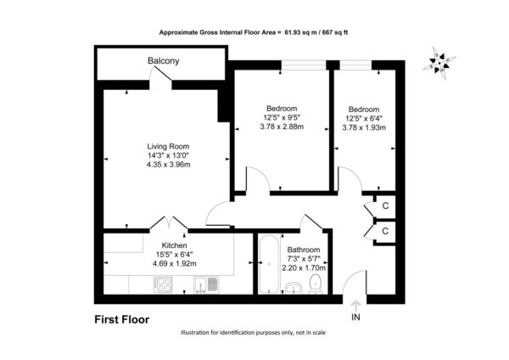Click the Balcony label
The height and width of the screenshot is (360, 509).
pos(163,61)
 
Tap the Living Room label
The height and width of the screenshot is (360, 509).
pos(168,146)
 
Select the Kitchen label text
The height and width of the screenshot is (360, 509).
pos(174,245)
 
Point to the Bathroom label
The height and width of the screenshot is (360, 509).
pos(304,250)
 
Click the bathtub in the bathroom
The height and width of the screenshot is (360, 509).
pos(268,264)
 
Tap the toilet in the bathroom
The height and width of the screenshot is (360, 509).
pos(316,284)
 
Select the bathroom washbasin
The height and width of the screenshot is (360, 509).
pos(294,288)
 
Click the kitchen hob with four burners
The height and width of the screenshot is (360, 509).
pos(163,284)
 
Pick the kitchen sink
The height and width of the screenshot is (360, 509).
pos(206,285)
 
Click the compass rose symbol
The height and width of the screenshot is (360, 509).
pos(439,63)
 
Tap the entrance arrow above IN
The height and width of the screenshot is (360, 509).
pos(355,306)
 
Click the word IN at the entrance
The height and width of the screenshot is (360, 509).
pos(355,317)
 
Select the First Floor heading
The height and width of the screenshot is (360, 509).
pos(121,320)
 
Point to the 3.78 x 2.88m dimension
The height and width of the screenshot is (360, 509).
pos(282,127)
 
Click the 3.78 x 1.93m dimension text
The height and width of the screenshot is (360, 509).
pos(364,127)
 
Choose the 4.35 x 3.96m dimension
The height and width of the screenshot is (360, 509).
pos(169,165)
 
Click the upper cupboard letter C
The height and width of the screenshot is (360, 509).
pos(385,206)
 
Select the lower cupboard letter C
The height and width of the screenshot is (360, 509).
pos(385,231)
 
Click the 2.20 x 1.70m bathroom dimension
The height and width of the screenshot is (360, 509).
pos(304,268)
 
